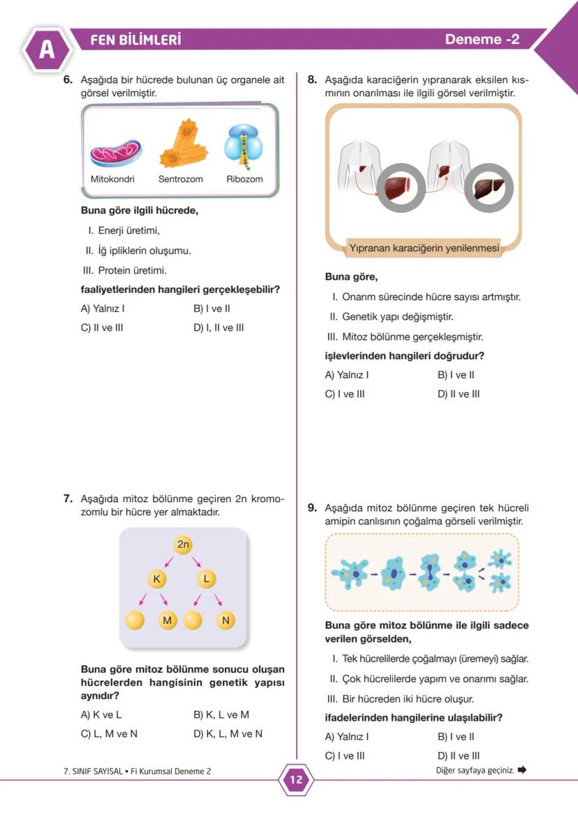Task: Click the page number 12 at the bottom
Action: [296, 780]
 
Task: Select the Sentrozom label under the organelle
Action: [180, 179]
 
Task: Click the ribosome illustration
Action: [244, 147]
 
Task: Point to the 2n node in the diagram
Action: [184, 545]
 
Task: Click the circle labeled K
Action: [156, 579]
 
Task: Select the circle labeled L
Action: [206, 579]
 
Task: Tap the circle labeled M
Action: [167, 619]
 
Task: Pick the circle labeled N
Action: [225, 619]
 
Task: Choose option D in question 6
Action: [218, 328]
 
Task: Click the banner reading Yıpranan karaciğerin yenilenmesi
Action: [424, 248]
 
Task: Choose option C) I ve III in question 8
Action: [345, 394]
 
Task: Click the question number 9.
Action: [313, 508]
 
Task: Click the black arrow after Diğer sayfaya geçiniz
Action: [522, 771]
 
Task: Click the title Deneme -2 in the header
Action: [482, 40]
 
